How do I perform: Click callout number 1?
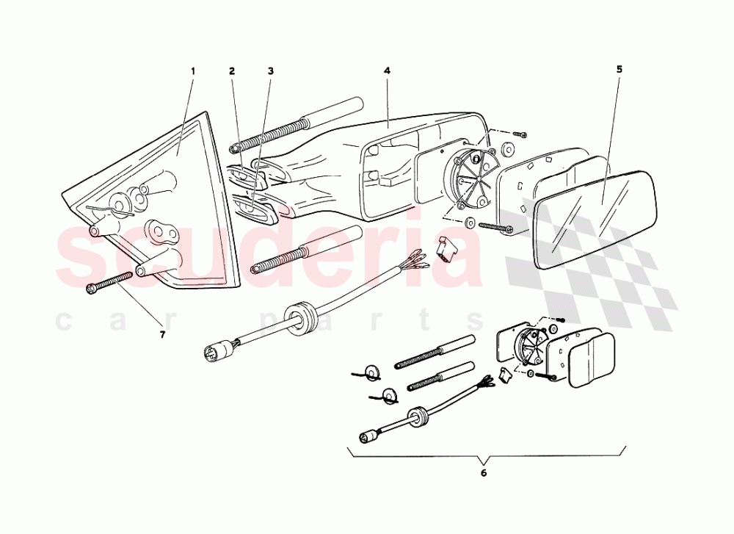tap(192, 71)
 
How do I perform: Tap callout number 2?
tap(232, 71)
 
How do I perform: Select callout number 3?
tap(271, 71)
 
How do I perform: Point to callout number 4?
tap(387, 71)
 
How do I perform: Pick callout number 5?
tap(619, 70)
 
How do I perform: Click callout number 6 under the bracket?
tap(484, 473)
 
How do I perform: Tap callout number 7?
tap(162, 335)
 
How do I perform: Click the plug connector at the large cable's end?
tap(219, 348)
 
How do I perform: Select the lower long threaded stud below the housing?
tap(306, 250)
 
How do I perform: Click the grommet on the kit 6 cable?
tap(416, 416)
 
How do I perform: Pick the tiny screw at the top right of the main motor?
tap(520, 134)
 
